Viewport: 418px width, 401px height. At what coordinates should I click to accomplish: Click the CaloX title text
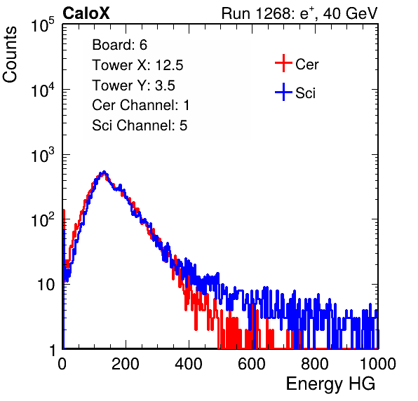86,13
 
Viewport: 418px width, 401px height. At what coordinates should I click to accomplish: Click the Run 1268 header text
299,13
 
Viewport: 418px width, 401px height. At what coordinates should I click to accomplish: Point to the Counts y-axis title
10,54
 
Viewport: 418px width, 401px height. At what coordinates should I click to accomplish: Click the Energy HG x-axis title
330,384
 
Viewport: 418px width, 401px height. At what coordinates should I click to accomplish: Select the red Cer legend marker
283,63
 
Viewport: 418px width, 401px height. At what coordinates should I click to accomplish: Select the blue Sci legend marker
283,92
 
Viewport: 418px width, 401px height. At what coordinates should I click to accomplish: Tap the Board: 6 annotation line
119,45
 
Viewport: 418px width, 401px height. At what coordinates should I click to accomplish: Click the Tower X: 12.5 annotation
137,65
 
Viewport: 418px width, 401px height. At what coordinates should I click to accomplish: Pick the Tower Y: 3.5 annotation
133,86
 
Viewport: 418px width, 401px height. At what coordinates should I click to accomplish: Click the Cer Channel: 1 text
141,105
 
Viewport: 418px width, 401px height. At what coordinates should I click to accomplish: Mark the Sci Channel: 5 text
140,125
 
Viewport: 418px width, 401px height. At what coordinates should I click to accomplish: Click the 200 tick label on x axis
126,364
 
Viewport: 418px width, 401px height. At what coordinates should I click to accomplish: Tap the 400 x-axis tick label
189,364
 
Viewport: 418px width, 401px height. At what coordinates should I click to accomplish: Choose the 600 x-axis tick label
252,364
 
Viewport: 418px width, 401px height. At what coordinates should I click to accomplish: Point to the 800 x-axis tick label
315,364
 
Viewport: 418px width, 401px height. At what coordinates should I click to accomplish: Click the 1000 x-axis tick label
378,364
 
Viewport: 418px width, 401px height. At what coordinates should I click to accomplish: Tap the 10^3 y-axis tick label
43,155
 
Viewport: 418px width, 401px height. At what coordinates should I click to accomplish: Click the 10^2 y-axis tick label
43,220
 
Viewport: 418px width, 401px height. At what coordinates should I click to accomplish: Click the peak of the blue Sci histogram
104,172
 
